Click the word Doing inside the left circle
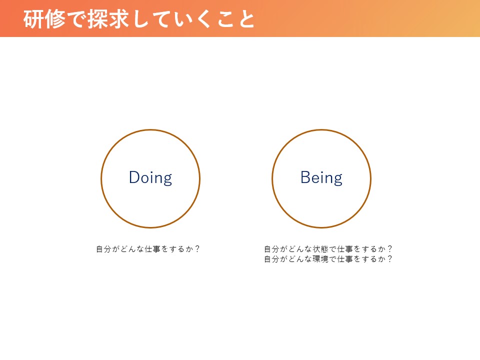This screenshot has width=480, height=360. point(150,178)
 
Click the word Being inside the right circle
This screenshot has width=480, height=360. point(321,178)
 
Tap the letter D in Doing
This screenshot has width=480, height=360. point(134,177)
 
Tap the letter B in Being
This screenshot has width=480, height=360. point(305,177)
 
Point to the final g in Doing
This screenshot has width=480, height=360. point(167,180)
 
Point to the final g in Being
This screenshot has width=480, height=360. point(338,180)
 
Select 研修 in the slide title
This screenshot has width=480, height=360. point(44,19)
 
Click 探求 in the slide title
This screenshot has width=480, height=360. point(108,19)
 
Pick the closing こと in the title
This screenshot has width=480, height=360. point(236,19)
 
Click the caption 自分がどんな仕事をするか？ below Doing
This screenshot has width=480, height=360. point(148,249)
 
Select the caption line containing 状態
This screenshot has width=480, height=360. point(328,249)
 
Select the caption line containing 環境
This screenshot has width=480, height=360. point(328,259)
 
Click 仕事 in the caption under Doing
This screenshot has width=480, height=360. point(152,249)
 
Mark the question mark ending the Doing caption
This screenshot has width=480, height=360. point(197,249)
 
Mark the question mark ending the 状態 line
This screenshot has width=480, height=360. point(389,249)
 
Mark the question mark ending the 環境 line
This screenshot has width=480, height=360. point(389,259)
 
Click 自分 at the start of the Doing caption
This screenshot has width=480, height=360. point(103,249)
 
